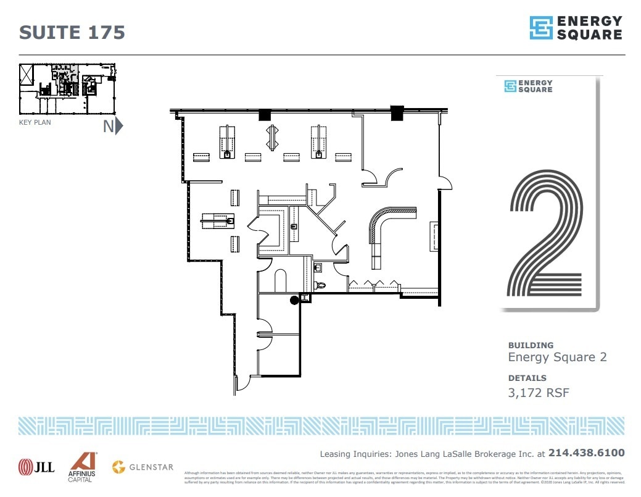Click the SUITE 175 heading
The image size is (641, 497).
pos(72,32)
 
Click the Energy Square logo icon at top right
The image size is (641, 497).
pos(541,28)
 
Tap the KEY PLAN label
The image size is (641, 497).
pos(35,122)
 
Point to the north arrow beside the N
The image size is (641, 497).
pos(119,126)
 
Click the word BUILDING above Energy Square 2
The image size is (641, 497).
pos(531,345)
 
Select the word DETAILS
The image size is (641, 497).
pos(527,378)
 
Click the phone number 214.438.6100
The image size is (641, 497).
pos(586,453)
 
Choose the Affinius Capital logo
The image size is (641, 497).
pos(81,467)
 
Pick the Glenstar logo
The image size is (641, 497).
pos(143,467)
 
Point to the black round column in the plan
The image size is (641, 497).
pos(294,300)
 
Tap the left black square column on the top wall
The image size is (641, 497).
pos(265,114)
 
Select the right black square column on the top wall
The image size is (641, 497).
pos(396,112)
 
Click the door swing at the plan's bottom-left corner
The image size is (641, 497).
pos(242,383)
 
